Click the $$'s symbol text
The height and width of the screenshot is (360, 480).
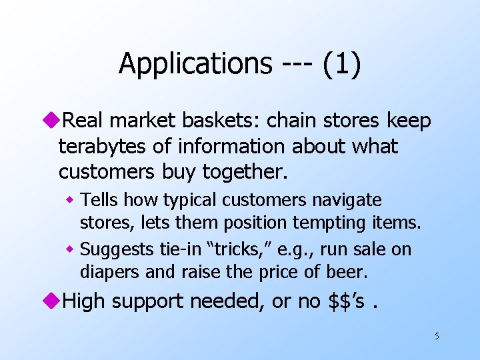click(x=347, y=301)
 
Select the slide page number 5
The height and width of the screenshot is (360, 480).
click(x=437, y=336)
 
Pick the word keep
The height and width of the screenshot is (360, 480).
click(x=408, y=121)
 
